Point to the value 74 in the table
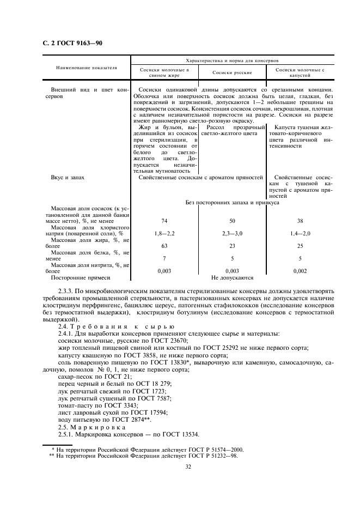[x=164, y=222]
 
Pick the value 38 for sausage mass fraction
[x=300, y=222]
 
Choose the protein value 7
[x=164, y=258]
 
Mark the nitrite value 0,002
[x=300, y=271]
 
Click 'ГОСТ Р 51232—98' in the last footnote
[x=211, y=456]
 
